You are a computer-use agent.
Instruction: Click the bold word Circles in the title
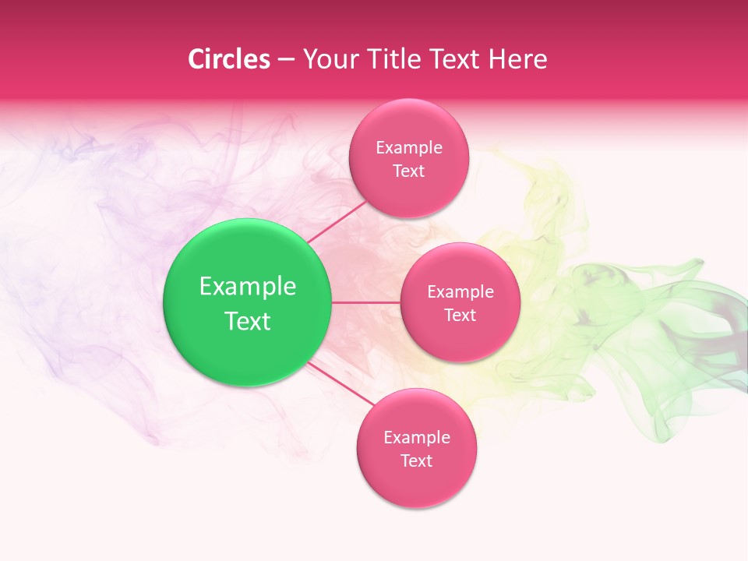point(228,59)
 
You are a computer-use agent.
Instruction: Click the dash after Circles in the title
point(285,60)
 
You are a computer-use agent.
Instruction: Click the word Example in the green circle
point(248,287)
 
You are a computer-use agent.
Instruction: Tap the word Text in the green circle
point(248,321)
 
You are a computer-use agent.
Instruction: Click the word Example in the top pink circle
point(408,147)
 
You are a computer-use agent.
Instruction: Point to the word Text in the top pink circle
point(408,171)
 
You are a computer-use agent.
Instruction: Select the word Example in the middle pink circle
point(460,291)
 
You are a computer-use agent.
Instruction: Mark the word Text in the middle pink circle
point(460,315)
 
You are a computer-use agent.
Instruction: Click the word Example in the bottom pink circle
point(416,437)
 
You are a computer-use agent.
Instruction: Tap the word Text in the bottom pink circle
point(416,460)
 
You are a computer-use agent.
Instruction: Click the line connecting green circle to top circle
point(336,221)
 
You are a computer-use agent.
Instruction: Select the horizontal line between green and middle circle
point(366,302)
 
